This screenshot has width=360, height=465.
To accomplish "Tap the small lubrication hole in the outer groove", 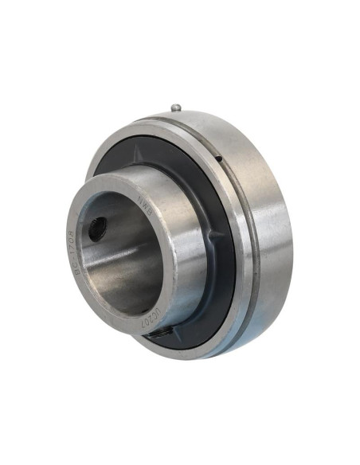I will [x=220, y=160].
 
